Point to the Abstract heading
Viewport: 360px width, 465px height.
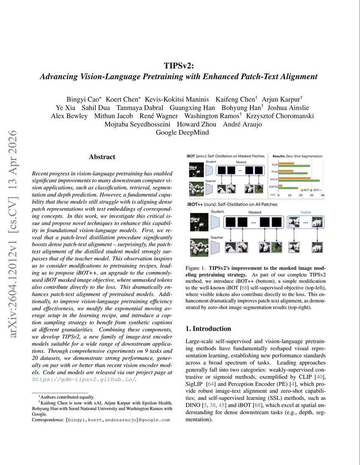pos(102,157)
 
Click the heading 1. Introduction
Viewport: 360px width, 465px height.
pos(208,328)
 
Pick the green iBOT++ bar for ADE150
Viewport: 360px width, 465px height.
pos(289,188)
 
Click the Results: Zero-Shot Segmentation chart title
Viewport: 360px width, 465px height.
pos(297,156)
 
